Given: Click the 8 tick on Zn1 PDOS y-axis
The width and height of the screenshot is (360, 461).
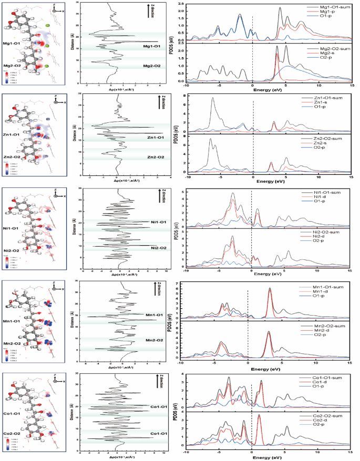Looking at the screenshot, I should (184, 96).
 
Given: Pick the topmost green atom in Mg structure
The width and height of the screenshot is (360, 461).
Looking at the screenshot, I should (46, 25).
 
